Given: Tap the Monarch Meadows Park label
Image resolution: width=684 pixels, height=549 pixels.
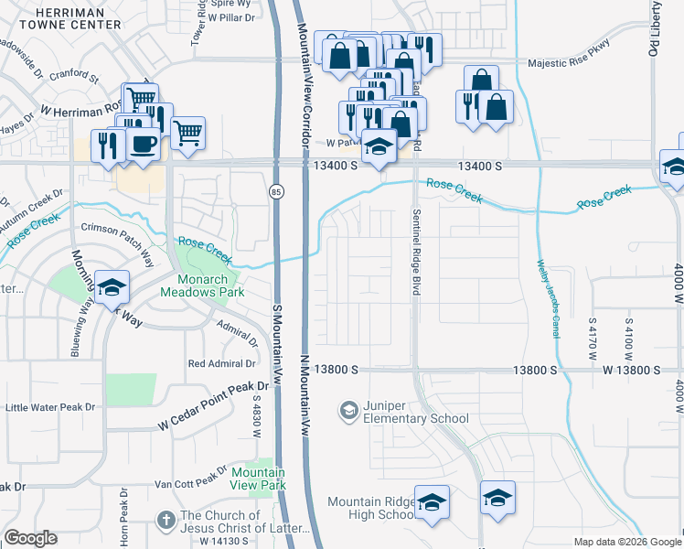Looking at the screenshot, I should click(x=198, y=285).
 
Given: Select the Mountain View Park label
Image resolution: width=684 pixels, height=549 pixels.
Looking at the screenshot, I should click(x=258, y=479).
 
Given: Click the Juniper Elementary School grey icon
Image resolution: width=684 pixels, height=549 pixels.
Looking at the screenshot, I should click(x=347, y=412).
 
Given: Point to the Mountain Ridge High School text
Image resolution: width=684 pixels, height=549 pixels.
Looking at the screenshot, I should click(x=371, y=508).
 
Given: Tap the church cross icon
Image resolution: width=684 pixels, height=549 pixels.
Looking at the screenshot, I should click(x=165, y=520).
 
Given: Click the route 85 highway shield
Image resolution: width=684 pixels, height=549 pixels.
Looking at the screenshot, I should click(x=275, y=191).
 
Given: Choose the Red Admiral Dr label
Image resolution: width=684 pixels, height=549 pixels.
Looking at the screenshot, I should click(x=222, y=363).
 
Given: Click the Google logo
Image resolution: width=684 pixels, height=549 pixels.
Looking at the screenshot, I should click(x=31, y=538).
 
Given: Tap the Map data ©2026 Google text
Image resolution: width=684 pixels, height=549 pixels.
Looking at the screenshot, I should click(x=626, y=542).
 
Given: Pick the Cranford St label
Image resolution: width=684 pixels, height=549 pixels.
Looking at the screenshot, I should click(x=74, y=74).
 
